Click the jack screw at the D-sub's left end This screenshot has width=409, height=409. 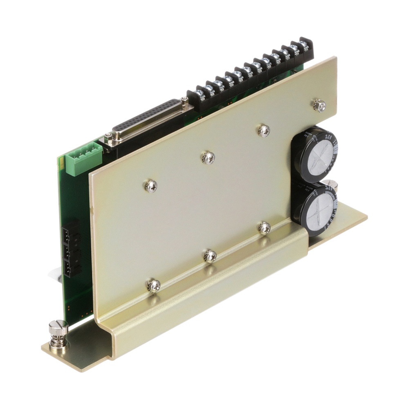tap(108, 138)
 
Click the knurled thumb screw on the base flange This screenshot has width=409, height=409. tap(55, 331)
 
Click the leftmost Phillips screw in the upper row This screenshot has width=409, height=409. tap(150, 186)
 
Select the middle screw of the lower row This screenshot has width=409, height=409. tap(210, 256)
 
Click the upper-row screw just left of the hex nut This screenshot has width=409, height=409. tap(263, 130)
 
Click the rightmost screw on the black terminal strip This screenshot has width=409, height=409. tap(303, 43)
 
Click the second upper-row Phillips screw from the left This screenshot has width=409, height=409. tap(209, 157)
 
